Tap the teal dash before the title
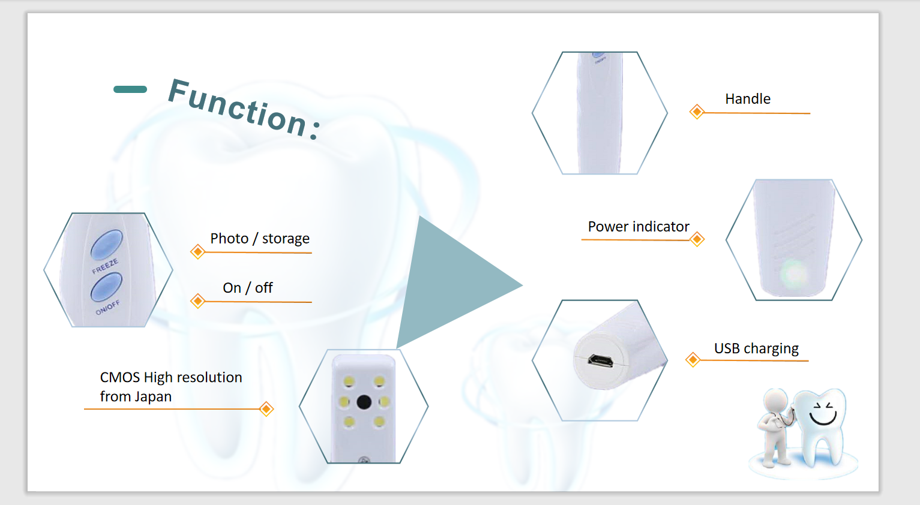point(130,89)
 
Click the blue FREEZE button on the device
point(106,245)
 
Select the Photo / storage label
point(260,239)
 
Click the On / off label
point(248,288)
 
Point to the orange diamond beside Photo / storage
point(197,251)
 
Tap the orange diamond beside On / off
point(197,301)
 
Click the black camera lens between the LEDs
point(364,402)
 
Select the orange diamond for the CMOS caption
point(266,409)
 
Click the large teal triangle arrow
point(456,283)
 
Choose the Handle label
point(748,99)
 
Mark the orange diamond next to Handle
point(697,112)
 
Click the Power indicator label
point(639,227)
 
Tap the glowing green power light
point(794,273)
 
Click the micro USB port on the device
point(601,361)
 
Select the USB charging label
point(756,348)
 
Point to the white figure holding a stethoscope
point(775,427)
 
